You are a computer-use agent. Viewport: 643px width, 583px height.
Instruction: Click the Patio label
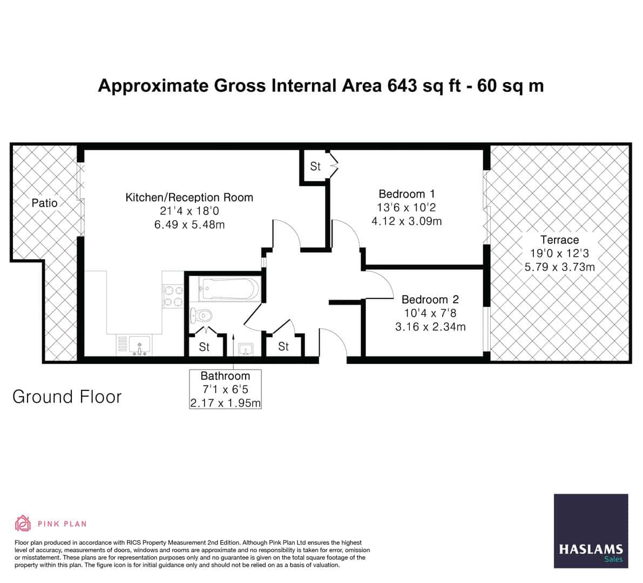[44, 203]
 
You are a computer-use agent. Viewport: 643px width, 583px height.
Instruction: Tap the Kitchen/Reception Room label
[189, 198]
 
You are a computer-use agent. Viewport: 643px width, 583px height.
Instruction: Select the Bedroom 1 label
[407, 194]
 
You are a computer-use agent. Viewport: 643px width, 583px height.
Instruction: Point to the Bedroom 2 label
[430, 300]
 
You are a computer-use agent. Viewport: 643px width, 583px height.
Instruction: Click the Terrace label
[559, 240]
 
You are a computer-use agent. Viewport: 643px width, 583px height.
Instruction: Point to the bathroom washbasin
[246, 349]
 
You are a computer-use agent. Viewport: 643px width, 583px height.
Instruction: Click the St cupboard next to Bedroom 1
[315, 167]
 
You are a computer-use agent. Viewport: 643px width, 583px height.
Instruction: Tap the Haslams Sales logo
[591, 531]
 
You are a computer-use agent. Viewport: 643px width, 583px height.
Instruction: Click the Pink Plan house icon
[23, 523]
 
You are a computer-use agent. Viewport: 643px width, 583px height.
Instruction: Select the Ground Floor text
[67, 397]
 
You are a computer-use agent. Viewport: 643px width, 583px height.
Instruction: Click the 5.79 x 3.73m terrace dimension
[559, 267]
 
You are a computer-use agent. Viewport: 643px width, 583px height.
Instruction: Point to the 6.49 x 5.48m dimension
[189, 224]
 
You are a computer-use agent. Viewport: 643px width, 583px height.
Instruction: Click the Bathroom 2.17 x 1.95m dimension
[225, 403]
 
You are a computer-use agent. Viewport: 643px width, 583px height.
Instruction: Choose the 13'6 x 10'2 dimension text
[407, 207]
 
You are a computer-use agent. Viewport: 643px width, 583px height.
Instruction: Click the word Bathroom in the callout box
[225, 376]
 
